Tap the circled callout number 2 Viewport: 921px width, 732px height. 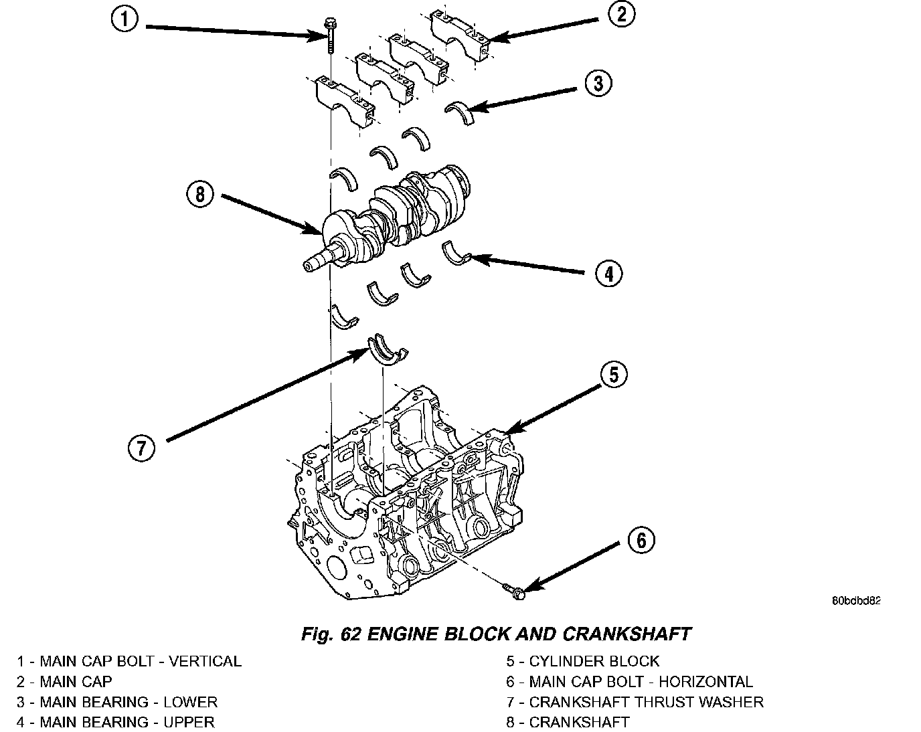tap(621, 14)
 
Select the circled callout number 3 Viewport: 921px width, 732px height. tap(598, 84)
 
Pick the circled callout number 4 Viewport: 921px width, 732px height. tap(608, 273)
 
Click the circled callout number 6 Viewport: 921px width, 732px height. tap(641, 540)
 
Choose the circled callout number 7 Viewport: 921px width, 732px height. tap(141, 448)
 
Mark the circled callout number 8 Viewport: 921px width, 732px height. tap(200, 195)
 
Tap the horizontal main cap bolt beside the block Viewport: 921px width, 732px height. tap(515, 590)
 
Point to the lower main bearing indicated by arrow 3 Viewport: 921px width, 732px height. tap(460, 112)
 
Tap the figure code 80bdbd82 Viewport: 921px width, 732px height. tap(856, 600)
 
